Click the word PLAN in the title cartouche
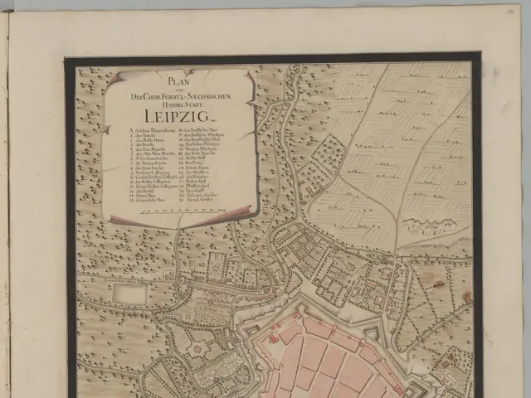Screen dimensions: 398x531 (178, 82)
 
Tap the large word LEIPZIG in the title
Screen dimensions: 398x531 (178, 114)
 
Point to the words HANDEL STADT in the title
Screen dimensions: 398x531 (178, 104)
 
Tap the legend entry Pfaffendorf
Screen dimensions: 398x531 (198, 185)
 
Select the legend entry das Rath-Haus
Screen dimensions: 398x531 (152, 140)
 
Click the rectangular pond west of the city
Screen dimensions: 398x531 (129, 293)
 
